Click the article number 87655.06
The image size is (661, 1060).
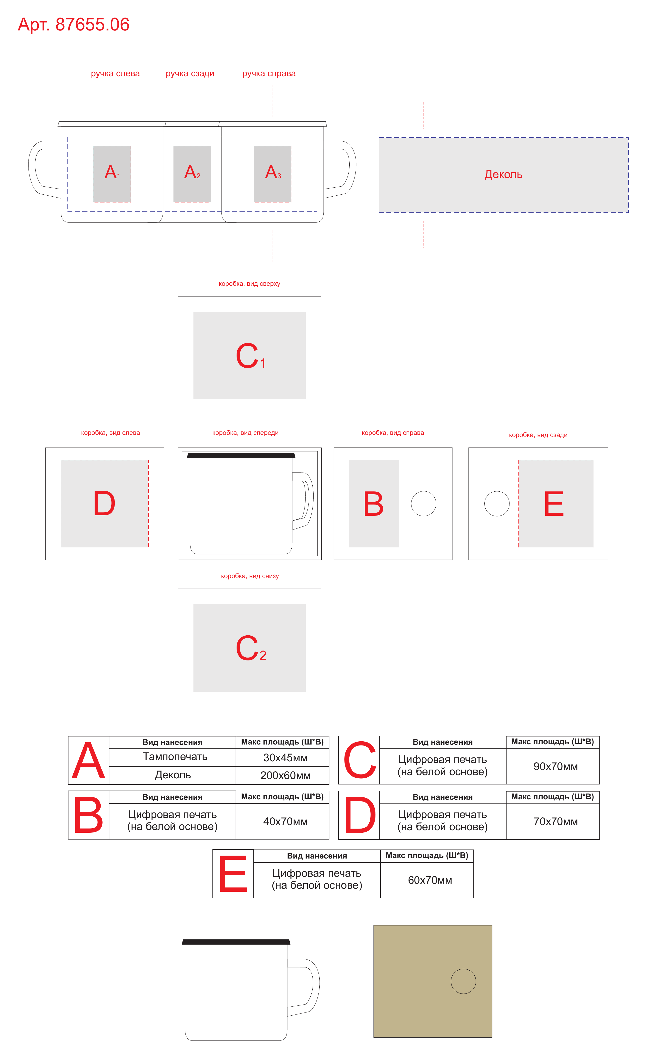(x=92, y=24)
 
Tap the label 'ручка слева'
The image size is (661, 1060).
(x=115, y=73)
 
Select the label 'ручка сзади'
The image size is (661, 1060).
(x=190, y=73)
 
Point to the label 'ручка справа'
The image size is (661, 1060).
(x=269, y=73)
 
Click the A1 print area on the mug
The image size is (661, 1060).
(x=112, y=174)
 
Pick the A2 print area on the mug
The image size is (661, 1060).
(x=192, y=174)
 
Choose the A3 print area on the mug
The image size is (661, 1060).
(x=272, y=174)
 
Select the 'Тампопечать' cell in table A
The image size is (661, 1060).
(x=173, y=757)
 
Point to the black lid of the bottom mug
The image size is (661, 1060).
(x=236, y=942)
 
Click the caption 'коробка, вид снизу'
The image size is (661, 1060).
(x=250, y=576)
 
